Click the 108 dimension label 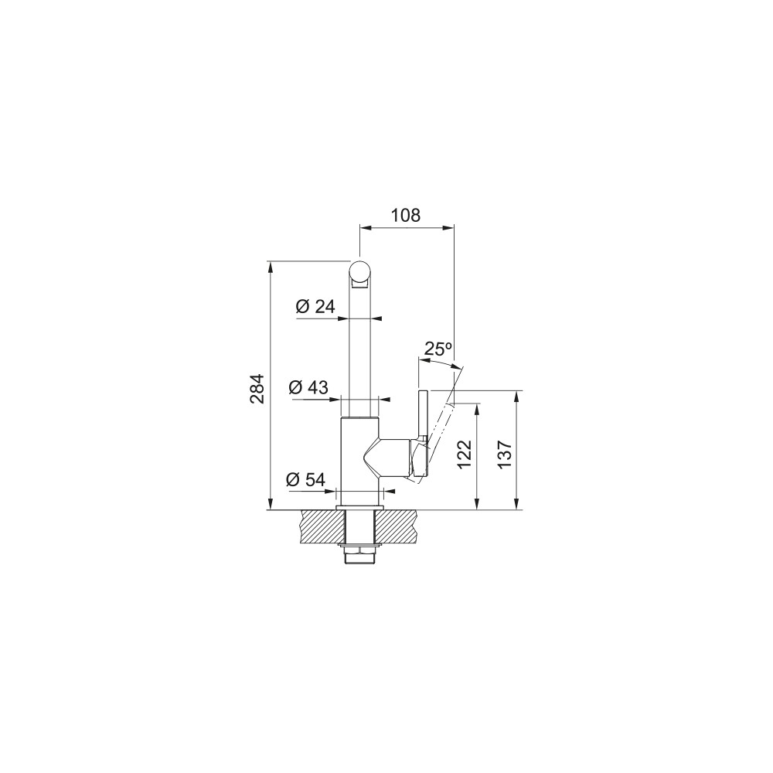(406, 215)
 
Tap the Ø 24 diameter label (315, 307)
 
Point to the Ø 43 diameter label (308, 387)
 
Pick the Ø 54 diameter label (305, 479)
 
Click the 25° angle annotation (438, 349)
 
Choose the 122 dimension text (465, 454)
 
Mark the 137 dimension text (505, 454)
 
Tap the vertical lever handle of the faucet (423, 433)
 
